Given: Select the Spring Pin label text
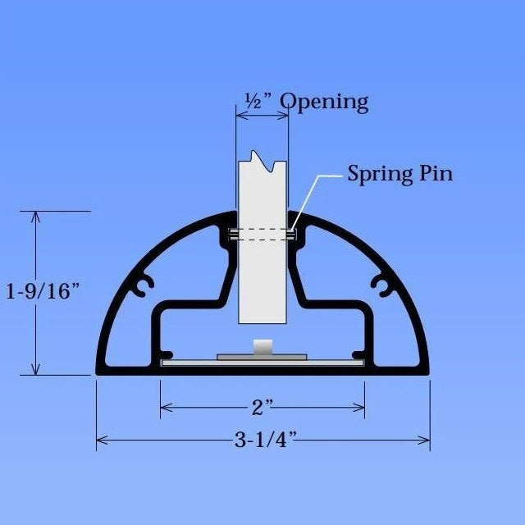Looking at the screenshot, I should click(399, 174).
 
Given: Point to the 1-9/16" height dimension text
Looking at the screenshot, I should click(42, 292).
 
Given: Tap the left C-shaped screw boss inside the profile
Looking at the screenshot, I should click(145, 284).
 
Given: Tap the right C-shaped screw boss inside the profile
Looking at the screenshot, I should click(381, 284).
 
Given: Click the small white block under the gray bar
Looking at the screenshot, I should click(262, 348).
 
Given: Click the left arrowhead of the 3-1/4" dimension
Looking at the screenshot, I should click(101, 441).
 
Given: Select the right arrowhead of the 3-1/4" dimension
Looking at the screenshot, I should click(426, 441).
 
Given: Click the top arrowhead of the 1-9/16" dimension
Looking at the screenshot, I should click(35, 216).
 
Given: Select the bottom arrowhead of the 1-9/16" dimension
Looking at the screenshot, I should click(35, 370).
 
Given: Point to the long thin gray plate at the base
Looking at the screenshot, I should click(262, 362).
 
